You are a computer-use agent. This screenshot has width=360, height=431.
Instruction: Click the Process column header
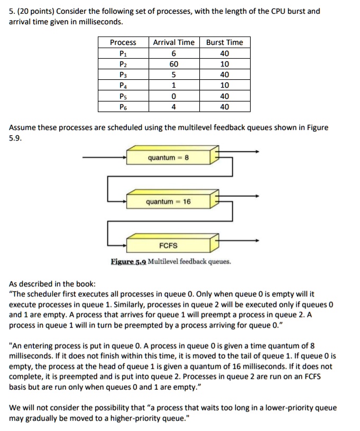[x=123, y=42]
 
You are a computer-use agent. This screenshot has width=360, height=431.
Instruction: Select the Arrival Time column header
[x=173, y=42]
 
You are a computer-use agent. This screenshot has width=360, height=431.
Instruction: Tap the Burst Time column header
[x=225, y=42]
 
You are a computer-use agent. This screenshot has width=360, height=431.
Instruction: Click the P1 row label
[x=123, y=53]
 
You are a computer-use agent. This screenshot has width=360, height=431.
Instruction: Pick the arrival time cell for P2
[x=173, y=64]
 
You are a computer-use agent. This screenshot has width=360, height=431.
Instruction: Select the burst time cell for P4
[x=225, y=86]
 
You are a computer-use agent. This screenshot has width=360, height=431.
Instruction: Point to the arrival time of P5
[x=173, y=96]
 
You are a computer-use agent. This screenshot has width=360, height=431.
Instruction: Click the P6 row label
[x=123, y=107]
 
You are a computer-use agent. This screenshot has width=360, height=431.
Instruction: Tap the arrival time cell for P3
[x=173, y=74]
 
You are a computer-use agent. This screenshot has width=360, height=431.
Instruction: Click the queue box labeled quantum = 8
[x=168, y=157]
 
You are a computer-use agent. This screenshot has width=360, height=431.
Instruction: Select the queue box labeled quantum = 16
[x=168, y=202]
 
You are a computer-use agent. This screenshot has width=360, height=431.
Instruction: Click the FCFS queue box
[x=168, y=246]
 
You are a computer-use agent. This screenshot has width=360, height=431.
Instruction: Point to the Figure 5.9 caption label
[x=128, y=261]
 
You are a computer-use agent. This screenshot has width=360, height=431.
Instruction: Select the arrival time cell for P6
[x=173, y=107]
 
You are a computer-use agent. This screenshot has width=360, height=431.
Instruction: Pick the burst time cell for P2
[x=225, y=64]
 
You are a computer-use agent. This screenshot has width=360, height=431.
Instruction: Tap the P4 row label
[x=123, y=86]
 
